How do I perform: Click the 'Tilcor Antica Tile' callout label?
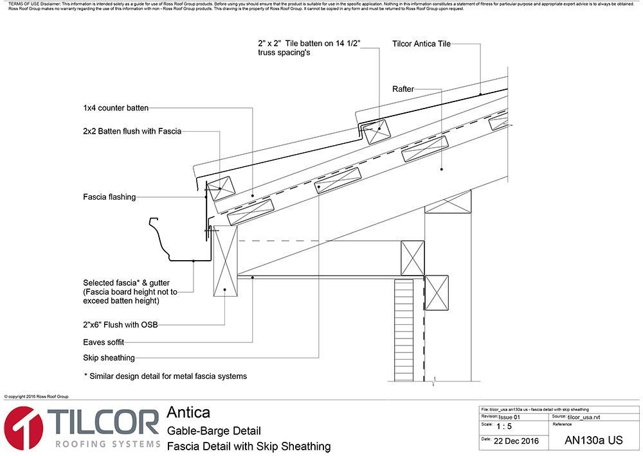(421, 44)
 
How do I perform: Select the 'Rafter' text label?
(403, 89)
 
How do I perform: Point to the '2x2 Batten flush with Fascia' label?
(132, 131)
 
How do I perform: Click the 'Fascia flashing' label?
(109, 197)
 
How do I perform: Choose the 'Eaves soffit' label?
(104, 342)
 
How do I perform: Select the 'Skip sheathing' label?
(109, 358)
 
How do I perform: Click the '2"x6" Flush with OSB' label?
(122, 326)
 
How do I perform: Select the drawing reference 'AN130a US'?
(593, 441)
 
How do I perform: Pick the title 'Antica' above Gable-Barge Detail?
(188, 412)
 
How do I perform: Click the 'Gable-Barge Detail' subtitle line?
(213, 430)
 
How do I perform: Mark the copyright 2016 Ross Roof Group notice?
(36, 397)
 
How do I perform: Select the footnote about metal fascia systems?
(165, 376)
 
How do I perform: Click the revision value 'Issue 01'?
(509, 417)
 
